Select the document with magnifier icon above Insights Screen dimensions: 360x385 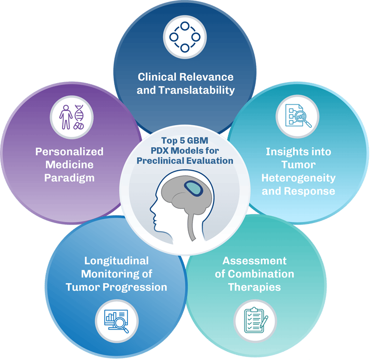(298, 117)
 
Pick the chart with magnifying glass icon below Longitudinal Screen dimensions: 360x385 (116, 321)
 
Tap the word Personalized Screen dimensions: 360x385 (69, 152)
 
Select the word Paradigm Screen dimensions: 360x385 (69, 178)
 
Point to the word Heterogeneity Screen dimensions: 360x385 (299, 178)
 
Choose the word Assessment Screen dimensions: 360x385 (255, 260)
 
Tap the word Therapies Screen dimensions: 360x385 (255, 287)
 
